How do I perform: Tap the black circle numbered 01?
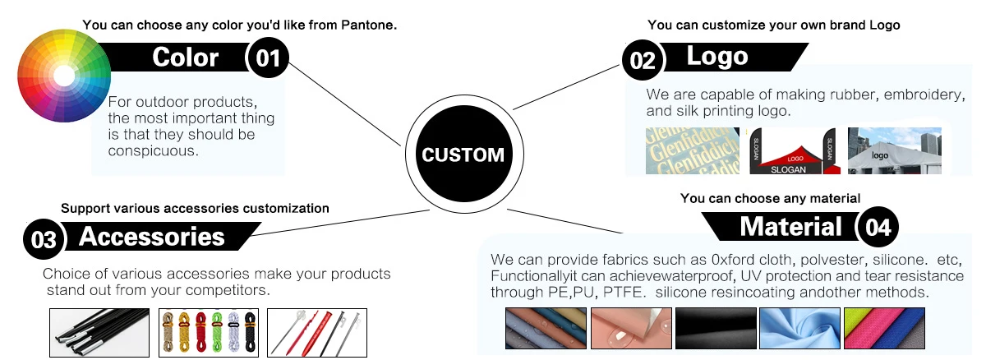269,58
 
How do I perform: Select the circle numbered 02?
643,61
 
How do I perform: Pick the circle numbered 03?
44,239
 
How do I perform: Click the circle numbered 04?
878,228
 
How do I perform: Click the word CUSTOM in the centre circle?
463,155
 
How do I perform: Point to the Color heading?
186,58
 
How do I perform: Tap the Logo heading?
717,56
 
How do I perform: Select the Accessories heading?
152,237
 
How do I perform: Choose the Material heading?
790,226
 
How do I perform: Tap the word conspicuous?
154,151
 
